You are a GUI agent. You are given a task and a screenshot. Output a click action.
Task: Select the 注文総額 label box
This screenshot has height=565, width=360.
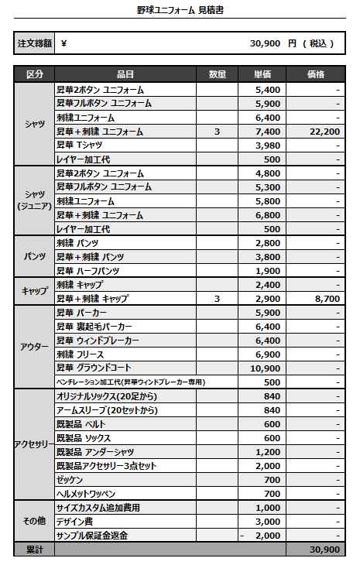pyautogui.click(x=35, y=43)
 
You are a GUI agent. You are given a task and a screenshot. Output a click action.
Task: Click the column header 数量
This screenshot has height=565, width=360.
pyautogui.click(x=217, y=75)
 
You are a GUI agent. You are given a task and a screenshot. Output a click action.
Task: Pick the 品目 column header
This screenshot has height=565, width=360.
pyautogui.click(x=125, y=75)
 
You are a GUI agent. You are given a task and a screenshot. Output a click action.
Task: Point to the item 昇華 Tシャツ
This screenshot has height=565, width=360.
pyautogui.click(x=80, y=146)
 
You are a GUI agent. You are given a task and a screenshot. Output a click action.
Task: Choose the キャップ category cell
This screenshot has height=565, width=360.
pyautogui.click(x=35, y=292)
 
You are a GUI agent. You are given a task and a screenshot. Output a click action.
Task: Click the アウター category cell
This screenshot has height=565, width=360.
pyautogui.click(x=35, y=348)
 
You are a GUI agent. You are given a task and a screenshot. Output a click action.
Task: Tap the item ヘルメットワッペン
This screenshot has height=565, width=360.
pyautogui.click(x=85, y=494)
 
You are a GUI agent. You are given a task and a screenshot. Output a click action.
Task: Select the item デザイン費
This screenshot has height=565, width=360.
pyautogui.click(x=74, y=522)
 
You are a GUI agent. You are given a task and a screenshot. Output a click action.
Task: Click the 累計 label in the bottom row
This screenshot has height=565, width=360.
pyautogui.click(x=35, y=550)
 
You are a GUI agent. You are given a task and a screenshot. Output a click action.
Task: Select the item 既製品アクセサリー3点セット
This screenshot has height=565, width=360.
pyautogui.click(x=106, y=466)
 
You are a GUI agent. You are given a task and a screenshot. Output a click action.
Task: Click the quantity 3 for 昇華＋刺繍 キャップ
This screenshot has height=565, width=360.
pyautogui.click(x=217, y=299)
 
